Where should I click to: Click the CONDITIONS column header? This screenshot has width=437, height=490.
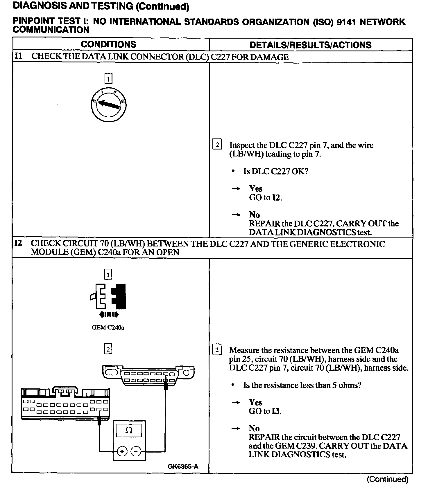pos(108,44)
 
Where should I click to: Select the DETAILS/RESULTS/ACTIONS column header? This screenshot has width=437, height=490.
pos(310,45)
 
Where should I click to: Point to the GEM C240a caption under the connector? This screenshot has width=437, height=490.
pos(108,327)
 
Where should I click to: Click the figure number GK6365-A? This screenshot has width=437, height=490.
pos(183,466)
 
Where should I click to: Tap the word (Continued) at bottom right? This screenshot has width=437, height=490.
pos(387,479)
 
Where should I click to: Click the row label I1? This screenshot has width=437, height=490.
pos(18,56)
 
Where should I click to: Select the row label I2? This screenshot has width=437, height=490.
pos(18,243)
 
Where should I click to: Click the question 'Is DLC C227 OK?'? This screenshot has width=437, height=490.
pos(275,171)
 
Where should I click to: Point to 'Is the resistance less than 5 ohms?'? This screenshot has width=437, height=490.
pos(302,385)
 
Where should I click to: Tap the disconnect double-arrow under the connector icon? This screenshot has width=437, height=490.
pos(109,314)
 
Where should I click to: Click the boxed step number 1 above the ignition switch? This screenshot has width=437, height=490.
pos(108,79)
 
